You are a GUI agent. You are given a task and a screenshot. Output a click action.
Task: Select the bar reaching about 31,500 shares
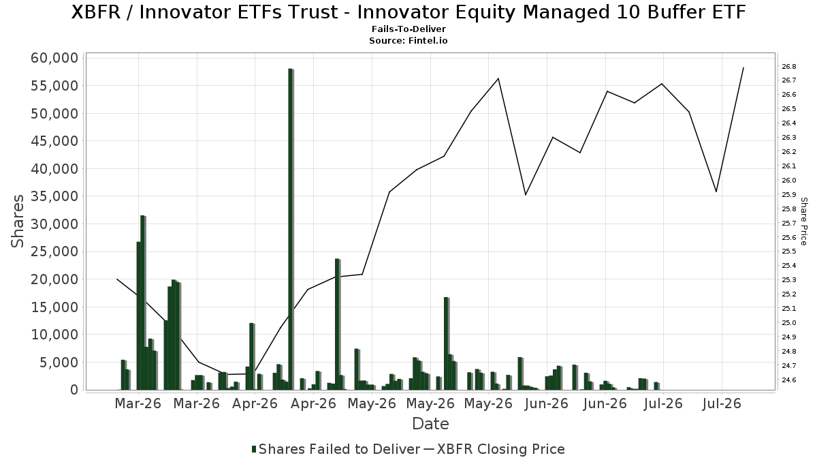(143, 303)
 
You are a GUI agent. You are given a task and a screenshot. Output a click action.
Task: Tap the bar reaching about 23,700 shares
(338, 324)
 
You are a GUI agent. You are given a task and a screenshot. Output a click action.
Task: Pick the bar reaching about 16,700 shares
(447, 343)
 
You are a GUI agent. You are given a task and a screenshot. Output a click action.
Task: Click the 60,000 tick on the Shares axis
(54, 58)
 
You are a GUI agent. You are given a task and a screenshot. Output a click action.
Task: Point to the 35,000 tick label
(54, 196)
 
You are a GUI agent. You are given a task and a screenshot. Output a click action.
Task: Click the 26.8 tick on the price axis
(789, 67)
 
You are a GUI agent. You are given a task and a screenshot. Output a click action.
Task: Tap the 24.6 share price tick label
(789, 380)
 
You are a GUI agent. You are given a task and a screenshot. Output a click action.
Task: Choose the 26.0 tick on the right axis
(789, 181)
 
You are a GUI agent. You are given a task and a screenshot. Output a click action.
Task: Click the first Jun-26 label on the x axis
(546, 403)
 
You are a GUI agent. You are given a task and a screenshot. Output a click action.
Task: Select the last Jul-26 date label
(722, 403)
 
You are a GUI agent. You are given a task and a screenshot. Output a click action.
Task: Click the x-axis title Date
(430, 424)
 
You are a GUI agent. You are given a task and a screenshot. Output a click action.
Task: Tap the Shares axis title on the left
(17, 221)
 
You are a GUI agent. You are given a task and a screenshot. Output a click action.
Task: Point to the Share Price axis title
(803, 221)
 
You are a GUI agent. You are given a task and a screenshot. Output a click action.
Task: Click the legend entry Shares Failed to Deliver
(336, 449)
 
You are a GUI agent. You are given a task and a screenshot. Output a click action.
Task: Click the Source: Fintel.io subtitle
(408, 40)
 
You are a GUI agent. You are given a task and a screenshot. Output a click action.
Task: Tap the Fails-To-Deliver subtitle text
(408, 29)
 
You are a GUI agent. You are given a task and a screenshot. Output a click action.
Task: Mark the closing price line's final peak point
(743, 67)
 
